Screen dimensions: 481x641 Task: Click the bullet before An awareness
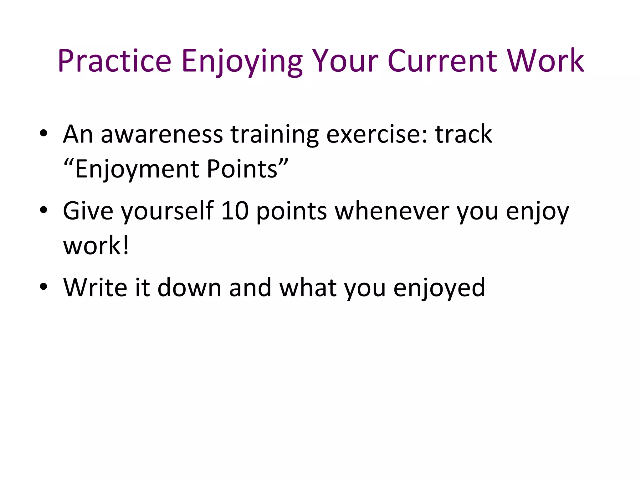tap(44, 134)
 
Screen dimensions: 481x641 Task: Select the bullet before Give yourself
tap(44, 211)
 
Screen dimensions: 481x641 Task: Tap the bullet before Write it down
tap(44, 287)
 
